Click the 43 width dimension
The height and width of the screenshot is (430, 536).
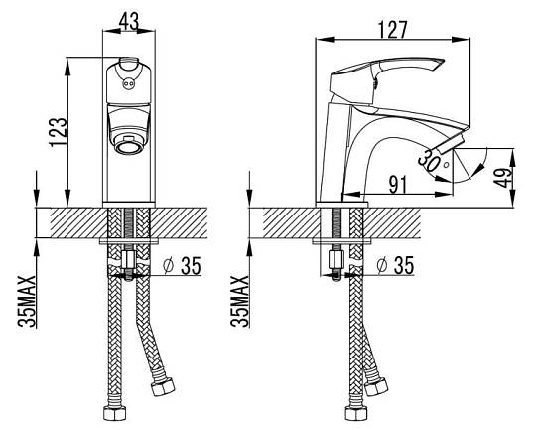tap(129, 21)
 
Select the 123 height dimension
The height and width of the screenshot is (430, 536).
tap(58, 132)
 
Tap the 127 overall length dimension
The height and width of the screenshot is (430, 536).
tap(393, 30)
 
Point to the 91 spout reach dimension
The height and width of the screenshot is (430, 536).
tap(398, 185)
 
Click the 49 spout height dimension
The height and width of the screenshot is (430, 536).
tap(505, 177)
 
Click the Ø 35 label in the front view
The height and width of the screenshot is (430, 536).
tap(183, 265)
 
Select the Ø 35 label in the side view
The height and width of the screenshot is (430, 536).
tap(395, 265)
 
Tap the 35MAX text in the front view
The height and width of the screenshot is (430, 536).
tap(27, 301)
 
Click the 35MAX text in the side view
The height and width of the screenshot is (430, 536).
tap(239, 301)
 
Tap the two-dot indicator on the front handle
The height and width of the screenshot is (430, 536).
tap(128, 83)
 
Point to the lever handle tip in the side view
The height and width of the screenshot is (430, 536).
tap(441, 63)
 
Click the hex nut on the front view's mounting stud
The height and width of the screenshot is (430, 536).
tap(129, 259)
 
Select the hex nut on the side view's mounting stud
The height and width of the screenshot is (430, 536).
tap(336, 259)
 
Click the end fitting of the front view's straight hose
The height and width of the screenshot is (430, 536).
tap(115, 413)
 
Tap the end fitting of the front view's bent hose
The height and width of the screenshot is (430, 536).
tap(163, 387)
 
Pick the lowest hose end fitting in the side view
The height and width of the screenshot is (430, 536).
tap(356, 413)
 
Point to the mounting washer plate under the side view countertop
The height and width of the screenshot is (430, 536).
tap(342, 241)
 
